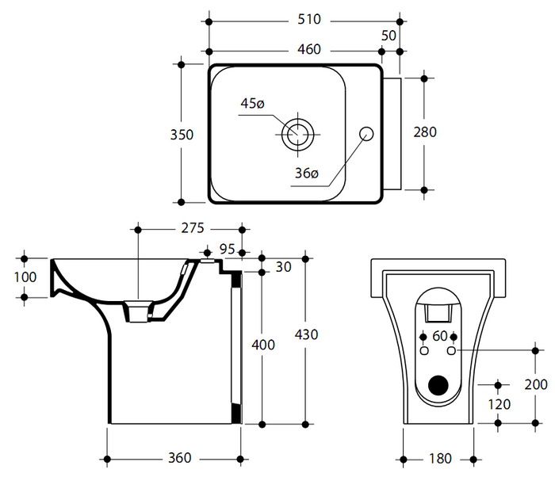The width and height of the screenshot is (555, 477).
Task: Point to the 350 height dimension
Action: pos(182,135)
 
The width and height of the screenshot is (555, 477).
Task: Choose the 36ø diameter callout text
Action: pos(304,173)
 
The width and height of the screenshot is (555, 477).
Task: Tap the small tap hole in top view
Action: pos(366,133)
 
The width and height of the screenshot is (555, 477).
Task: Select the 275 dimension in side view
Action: pos(191,229)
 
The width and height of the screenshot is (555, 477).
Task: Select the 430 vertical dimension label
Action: pos(305,334)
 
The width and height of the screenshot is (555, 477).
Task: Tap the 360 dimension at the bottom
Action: pos(180,459)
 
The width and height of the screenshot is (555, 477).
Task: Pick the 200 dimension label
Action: pos(535,384)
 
